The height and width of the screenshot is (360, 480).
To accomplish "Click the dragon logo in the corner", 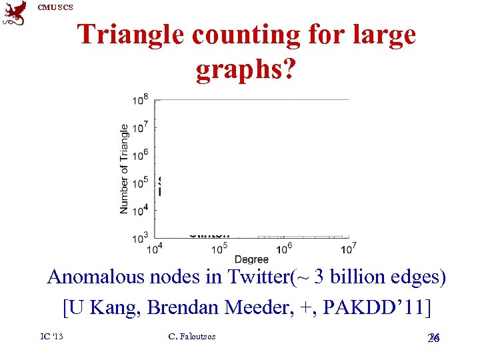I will pyautogui.click(x=15, y=13).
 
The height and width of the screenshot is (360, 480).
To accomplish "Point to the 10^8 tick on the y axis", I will pyautogui.click(x=140, y=100).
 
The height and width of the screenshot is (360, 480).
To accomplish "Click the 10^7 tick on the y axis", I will pyautogui.click(x=140, y=127).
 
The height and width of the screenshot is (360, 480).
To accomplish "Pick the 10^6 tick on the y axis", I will pyautogui.click(x=140, y=155).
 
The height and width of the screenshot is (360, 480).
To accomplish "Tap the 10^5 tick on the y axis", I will pyautogui.click(x=140, y=182).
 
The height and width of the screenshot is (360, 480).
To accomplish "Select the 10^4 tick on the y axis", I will pyautogui.click(x=140, y=209).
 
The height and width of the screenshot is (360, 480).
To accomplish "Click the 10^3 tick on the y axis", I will pyautogui.click(x=140, y=237).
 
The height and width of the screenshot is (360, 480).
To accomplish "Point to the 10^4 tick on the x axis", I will pyautogui.click(x=154, y=249).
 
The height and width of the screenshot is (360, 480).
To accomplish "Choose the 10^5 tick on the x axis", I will pyautogui.click(x=219, y=249).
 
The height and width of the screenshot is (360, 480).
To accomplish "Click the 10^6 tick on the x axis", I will pyautogui.click(x=284, y=249).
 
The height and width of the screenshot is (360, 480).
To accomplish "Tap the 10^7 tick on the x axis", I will pyautogui.click(x=349, y=249).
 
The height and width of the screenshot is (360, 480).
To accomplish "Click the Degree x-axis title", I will pyautogui.click(x=251, y=259).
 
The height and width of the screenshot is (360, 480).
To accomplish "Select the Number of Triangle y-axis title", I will pyautogui.click(x=124, y=169).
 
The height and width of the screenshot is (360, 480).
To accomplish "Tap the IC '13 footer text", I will pyautogui.click(x=51, y=337).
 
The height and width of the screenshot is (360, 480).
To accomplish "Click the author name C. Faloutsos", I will pyautogui.click(x=192, y=337).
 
